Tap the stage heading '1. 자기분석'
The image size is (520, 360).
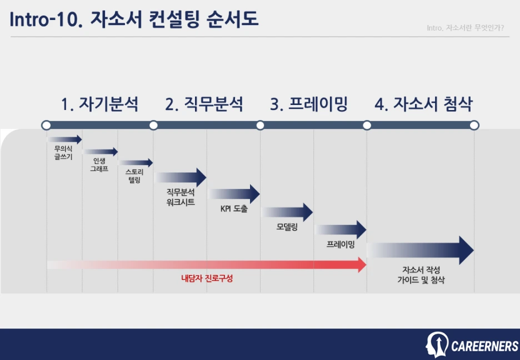[x=99, y=104]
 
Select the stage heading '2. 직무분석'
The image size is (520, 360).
[x=204, y=104]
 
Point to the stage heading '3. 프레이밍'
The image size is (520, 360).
[x=309, y=104]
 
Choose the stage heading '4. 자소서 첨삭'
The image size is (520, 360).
[x=423, y=104]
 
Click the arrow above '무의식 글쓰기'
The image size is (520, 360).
[x=64, y=139]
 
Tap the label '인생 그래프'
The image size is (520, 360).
[x=99, y=164]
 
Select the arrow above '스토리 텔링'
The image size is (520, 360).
[x=135, y=163]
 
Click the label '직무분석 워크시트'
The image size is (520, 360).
[x=181, y=197]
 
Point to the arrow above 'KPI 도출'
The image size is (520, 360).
[x=234, y=194]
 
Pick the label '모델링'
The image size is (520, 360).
[x=287, y=227]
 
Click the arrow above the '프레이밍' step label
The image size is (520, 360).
[x=341, y=229]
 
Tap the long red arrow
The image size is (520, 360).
[x=206, y=264]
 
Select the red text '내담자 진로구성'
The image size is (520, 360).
[x=207, y=278]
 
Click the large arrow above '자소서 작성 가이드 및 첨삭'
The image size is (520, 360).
[x=420, y=251]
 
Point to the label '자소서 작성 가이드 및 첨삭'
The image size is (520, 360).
[x=421, y=275]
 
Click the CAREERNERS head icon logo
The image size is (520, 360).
[x=437, y=345]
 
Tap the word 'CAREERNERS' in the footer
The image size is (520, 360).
[x=484, y=347]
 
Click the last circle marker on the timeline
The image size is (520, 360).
[x=474, y=126]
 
